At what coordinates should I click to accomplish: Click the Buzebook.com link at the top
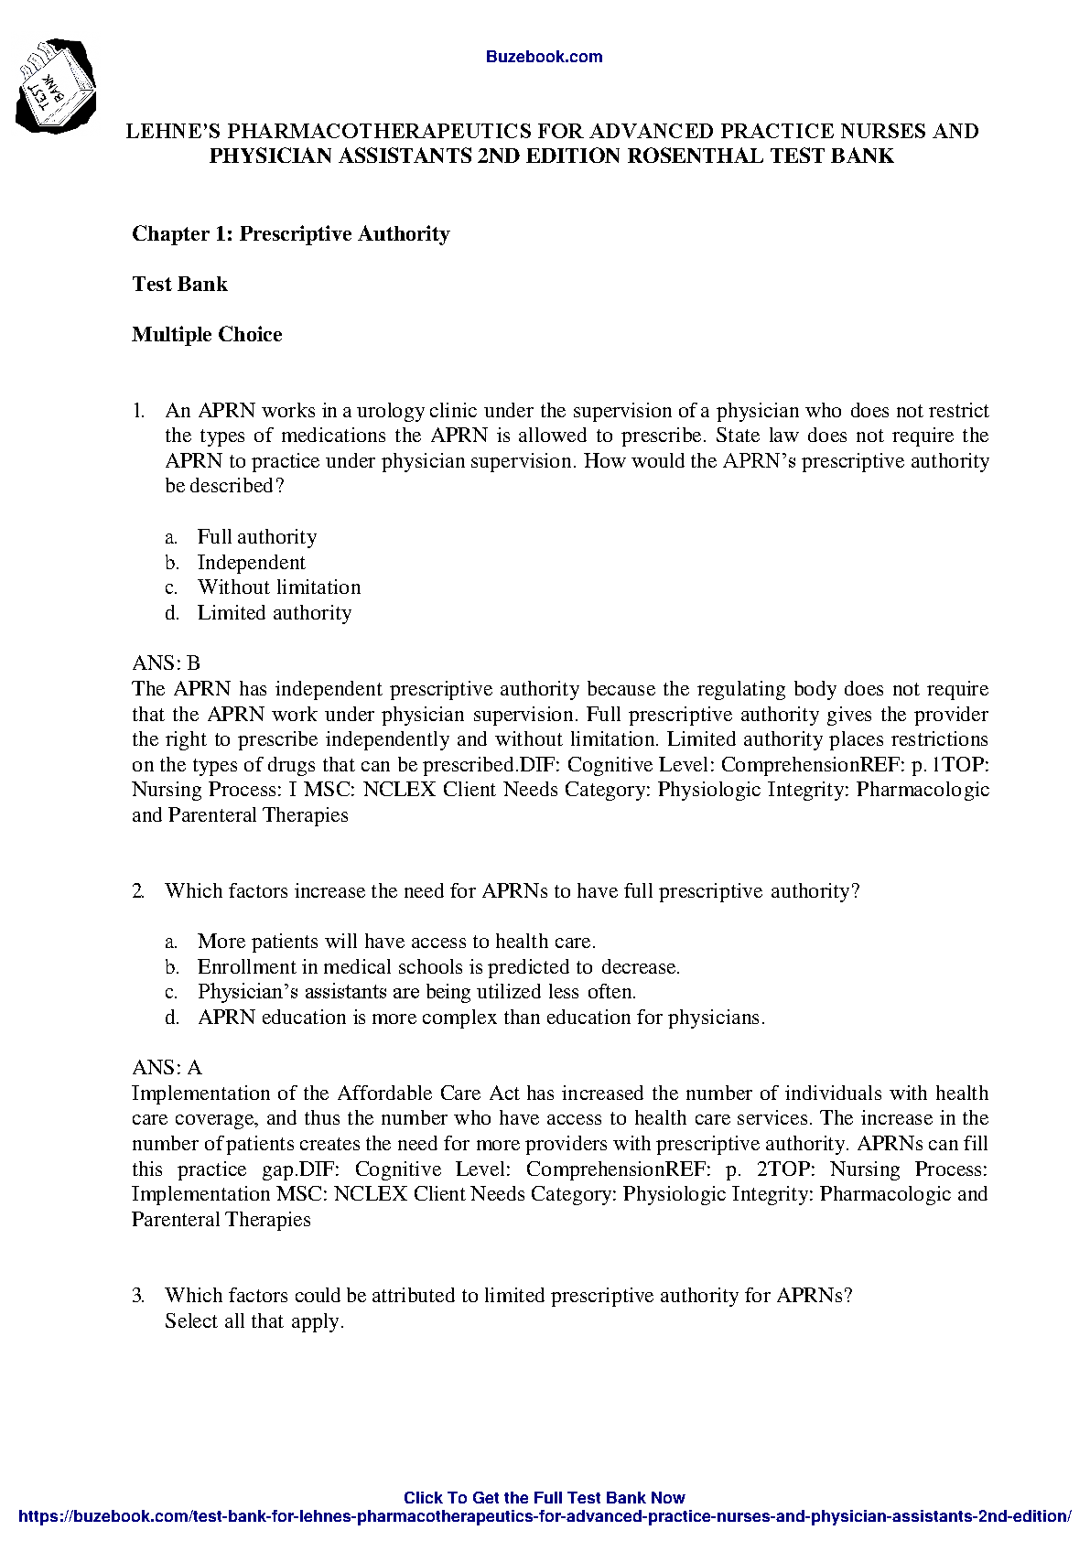[544, 57]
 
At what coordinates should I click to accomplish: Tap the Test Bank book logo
[55, 86]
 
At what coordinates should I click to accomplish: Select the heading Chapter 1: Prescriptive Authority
[291, 234]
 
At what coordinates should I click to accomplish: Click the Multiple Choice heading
[207, 335]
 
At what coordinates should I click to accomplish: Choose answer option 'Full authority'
[257, 537]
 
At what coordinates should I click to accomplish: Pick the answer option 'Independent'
[252, 563]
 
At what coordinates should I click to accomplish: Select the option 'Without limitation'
[279, 587]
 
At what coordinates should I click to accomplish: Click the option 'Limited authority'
[275, 613]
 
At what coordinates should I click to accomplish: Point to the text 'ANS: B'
[166, 663]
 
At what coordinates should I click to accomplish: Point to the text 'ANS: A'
[167, 1068]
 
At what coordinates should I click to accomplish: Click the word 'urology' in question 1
[391, 411]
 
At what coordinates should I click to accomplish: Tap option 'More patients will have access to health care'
[396, 942]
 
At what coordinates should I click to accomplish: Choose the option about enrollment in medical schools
[438, 967]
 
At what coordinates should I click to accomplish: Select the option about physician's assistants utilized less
[416, 992]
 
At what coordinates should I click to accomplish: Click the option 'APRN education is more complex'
[480, 1018]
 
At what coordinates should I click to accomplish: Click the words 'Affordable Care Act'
[428, 1094]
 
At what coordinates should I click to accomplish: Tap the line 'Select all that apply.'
[254, 1321]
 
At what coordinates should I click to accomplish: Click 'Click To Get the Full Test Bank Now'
[544, 1498]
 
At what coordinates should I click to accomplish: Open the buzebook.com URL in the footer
[544, 1516]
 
